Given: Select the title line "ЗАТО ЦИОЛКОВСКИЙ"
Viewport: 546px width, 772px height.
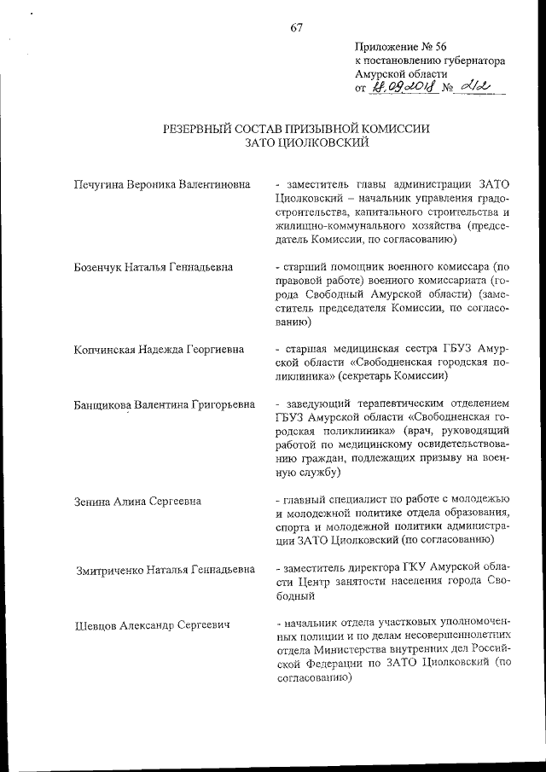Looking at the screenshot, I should click(x=295, y=142).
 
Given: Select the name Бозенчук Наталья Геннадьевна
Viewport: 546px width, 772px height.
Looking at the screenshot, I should click(x=154, y=267).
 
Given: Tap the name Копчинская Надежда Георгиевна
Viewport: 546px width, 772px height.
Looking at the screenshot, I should click(x=159, y=350).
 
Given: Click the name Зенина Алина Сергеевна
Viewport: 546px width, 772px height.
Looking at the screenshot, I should click(x=138, y=501).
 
